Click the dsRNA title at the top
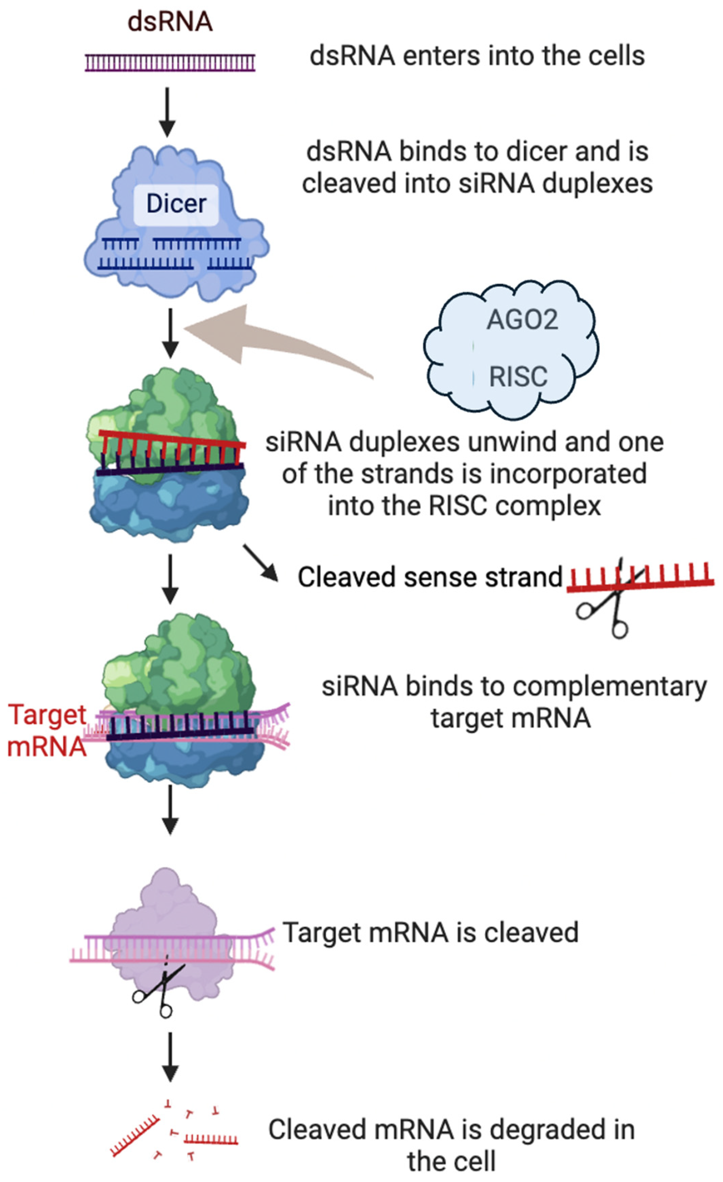170,22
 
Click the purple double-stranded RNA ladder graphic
170,63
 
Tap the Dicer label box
176,204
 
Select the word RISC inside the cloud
518,376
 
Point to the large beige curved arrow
269,341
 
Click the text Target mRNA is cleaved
430,933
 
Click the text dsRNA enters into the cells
477,56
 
